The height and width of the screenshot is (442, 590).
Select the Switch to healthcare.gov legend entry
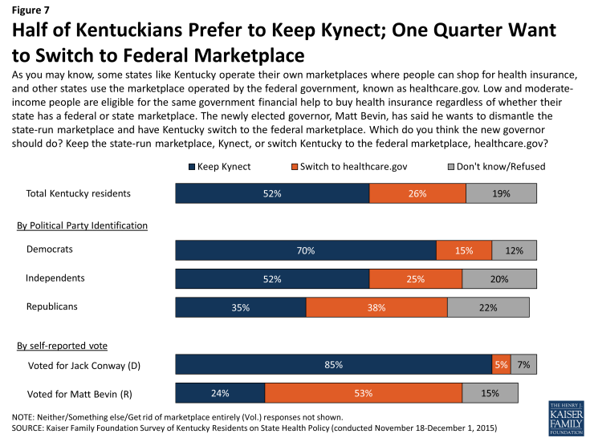point(339,166)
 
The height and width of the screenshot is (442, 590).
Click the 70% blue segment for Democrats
point(306,250)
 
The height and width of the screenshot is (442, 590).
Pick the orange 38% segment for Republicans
point(376,308)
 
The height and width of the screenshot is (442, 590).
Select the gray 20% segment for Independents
point(498,279)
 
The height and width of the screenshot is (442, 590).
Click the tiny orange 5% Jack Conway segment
point(501,364)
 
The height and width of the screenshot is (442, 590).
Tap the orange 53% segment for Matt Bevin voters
point(363,393)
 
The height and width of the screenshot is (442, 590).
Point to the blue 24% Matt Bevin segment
point(220,393)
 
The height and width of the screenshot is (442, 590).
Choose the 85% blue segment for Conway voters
point(334,364)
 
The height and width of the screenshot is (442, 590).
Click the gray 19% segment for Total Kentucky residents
point(501,193)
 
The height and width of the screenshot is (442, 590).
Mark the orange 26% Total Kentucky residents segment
point(417,193)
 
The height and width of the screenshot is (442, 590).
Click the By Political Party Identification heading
point(82,225)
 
